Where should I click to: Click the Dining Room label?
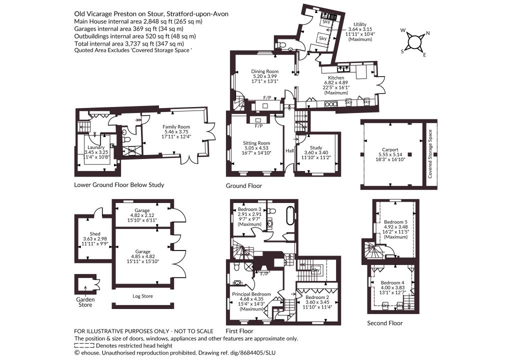pos(265,71)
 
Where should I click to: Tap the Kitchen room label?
pos(336,77)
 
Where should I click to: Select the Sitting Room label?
pos(256,143)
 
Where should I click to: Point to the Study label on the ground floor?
pos(316,147)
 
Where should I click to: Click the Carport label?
pos(390,150)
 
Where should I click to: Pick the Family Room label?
pos(176,126)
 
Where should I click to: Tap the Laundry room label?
pos(96,147)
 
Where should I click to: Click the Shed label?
pos(95,233)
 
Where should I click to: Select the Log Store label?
pos(142,296)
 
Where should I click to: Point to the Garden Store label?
pos(85,302)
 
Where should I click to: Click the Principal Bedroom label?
pos(251,294)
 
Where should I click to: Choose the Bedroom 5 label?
pos(396,221)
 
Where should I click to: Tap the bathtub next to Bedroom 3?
pos(290,215)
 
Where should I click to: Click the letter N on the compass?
pos(428,33)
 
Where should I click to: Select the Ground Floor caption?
pos(244,185)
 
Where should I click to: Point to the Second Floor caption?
pos(385,323)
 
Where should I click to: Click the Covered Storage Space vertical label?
pos(429,153)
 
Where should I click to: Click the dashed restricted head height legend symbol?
pos(84,345)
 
